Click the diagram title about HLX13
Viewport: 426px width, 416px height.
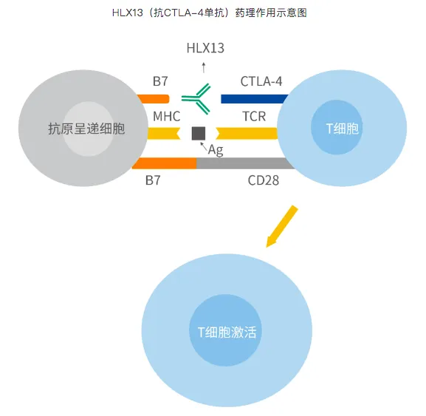pyautogui.click(x=213, y=13)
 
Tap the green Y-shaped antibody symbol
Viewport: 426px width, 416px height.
pyautogui.click(x=197, y=99)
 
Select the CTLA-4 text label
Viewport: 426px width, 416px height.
pyautogui.click(x=261, y=81)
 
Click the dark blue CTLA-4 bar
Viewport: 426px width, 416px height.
pyautogui.click(x=251, y=99)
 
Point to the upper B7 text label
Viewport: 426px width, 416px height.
pyautogui.click(x=161, y=81)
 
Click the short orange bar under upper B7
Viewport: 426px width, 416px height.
pyautogui.click(x=153, y=98)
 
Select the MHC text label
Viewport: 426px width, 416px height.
pyautogui.click(x=166, y=117)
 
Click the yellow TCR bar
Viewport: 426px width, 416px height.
pyautogui.click(x=247, y=133)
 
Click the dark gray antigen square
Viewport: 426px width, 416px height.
pyautogui.click(x=198, y=133)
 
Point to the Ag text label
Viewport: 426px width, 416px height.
pyautogui.click(x=216, y=150)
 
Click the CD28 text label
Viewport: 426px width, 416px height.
pyautogui.click(x=263, y=179)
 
